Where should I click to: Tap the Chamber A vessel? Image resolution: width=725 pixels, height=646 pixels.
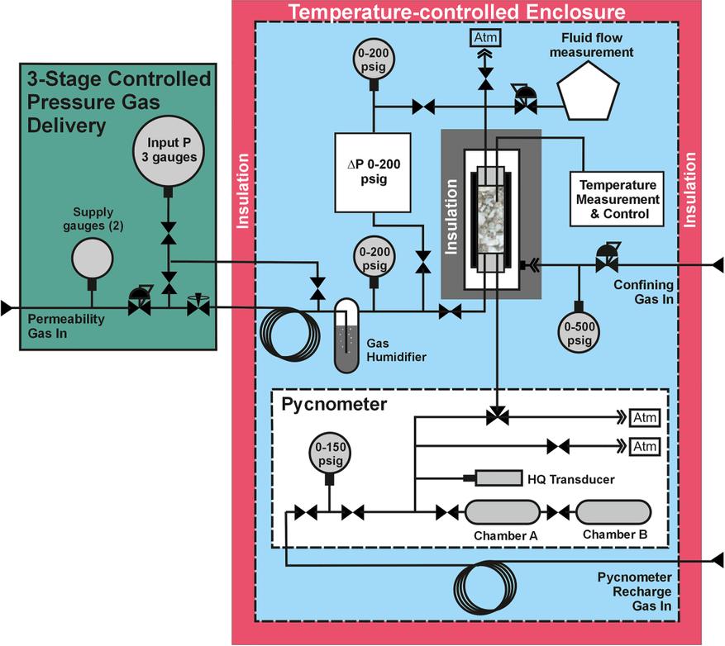(x=503, y=513)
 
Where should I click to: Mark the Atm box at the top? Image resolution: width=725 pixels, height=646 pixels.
(x=486, y=37)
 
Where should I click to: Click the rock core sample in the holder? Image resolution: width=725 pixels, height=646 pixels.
(x=491, y=214)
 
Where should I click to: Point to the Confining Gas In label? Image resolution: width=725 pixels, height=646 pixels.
(x=645, y=292)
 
